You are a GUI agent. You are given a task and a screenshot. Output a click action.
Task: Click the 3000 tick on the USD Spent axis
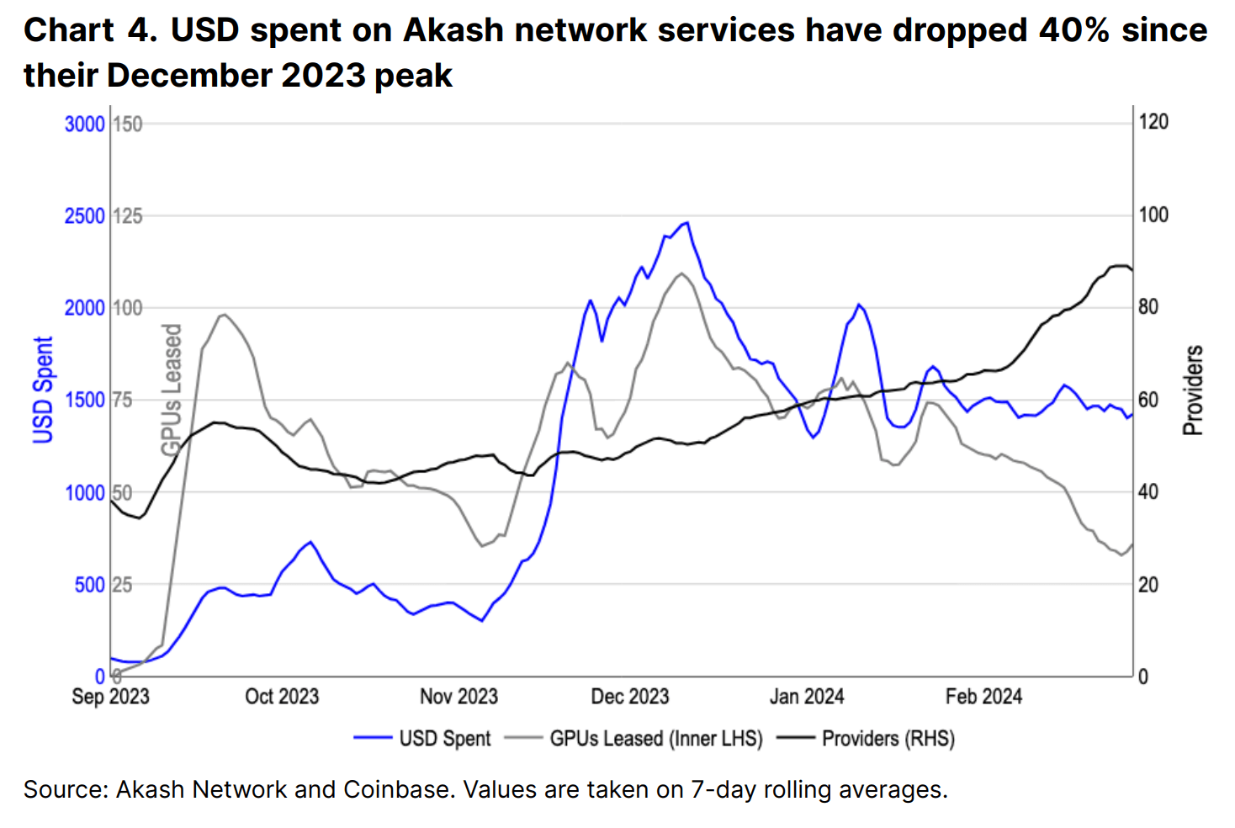pos(84,124)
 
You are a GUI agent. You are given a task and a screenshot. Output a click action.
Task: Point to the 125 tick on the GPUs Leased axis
pos(128,216)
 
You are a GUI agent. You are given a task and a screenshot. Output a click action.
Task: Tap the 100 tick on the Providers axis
pos(1153,215)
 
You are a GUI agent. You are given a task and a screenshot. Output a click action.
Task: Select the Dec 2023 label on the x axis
pos(629,697)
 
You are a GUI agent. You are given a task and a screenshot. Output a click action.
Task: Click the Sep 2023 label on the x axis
pos(110,697)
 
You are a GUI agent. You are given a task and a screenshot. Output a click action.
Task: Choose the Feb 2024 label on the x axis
pos(983,697)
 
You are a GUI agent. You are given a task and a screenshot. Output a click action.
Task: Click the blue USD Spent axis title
pos(43,390)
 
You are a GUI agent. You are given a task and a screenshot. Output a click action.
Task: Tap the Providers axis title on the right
pos(1193,390)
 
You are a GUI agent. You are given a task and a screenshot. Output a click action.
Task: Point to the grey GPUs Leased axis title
pos(172,389)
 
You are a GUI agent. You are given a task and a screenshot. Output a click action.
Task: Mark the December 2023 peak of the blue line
pos(687,223)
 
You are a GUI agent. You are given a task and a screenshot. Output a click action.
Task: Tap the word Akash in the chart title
pos(453,30)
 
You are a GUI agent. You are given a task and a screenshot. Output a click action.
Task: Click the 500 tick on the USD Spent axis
pos(89,585)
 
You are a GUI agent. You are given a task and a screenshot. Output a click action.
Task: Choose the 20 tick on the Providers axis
pos(1148,585)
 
